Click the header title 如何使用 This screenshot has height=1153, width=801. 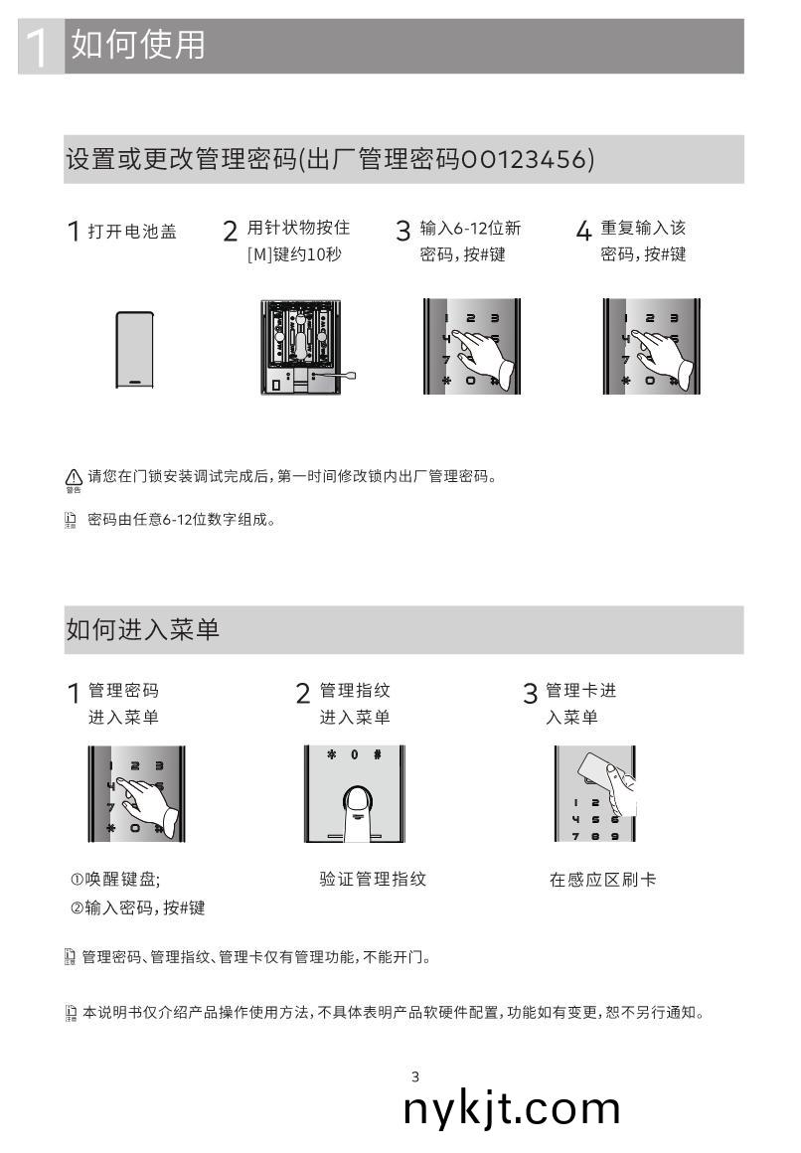[x=139, y=45]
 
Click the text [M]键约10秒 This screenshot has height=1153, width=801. [x=293, y=255]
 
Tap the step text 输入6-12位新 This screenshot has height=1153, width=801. [x=470, y=229]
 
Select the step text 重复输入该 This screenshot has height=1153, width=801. [x=643, y=229]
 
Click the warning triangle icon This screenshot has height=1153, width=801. [x=73, y=477]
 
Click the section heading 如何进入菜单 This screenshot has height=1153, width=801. [x=142, y=629]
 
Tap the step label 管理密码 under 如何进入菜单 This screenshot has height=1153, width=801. [x=123, y=691]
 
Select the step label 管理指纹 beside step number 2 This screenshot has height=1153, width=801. [x=355, y=691]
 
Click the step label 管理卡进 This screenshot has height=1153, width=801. [x=580, y=691]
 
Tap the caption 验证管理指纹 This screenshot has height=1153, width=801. [x=373, y=879]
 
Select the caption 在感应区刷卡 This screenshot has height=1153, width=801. [x=602, y=880]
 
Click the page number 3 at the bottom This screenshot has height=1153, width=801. [x=415, y=1076]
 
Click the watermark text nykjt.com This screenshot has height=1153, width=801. [x=512, y=1108]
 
